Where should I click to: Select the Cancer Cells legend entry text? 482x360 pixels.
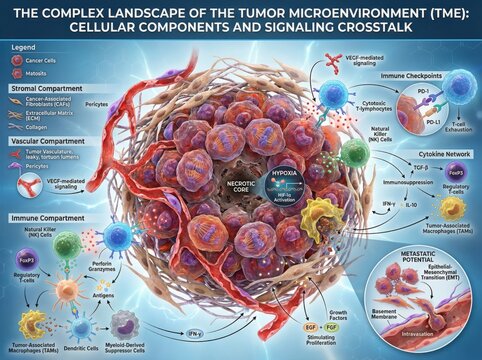click(x=52, y=62)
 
